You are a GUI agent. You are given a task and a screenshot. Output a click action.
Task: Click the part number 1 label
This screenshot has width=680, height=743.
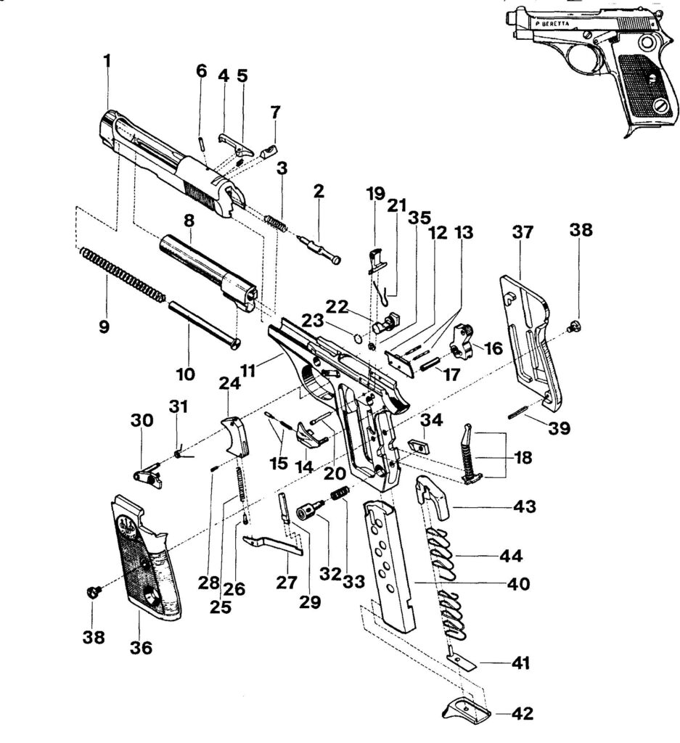[x=107, y=62]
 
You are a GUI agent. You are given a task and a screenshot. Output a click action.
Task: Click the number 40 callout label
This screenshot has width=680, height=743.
[x=518, y=584]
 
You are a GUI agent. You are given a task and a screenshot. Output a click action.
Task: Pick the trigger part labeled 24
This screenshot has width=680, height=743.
[x=236, y=436]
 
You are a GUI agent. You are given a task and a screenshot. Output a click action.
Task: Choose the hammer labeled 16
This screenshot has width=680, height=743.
[x=461, y=340]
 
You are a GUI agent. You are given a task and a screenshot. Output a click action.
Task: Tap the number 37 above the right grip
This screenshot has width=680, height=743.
[x=523, y=233]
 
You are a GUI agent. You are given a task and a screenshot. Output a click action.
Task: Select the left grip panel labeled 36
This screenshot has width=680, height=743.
[x=145, y=554]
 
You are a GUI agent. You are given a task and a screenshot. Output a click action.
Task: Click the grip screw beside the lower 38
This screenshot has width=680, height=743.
[x=94, y=593]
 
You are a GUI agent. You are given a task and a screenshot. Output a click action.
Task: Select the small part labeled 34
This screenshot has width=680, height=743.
[x=419, y=446]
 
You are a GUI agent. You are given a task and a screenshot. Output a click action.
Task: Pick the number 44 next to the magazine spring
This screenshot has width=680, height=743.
[x=511, y=555]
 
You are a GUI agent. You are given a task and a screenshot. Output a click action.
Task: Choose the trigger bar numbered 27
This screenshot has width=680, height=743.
[x=273, y=544]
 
